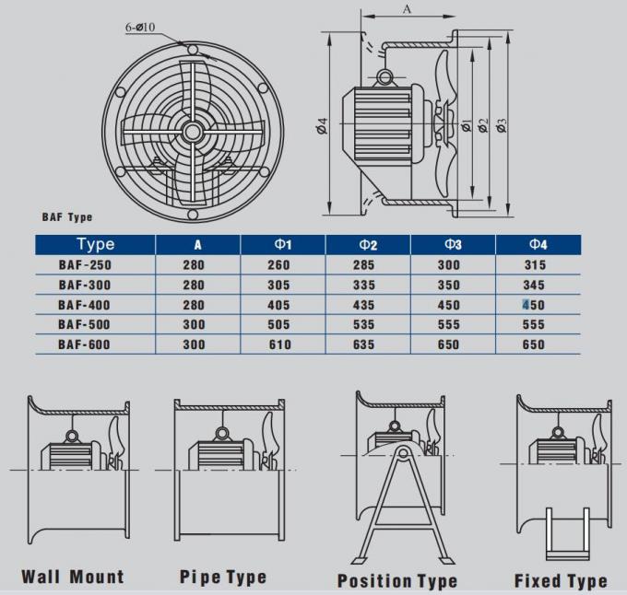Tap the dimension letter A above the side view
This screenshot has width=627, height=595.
tap(408, 9)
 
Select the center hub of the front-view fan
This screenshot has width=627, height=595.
tap(192, 132)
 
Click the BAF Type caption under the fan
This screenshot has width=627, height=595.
tap(67, 217)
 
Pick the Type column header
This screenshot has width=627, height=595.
tap(96, 244)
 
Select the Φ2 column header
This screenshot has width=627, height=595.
tap(368, 245)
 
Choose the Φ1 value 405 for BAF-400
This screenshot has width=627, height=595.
tap(278, 305)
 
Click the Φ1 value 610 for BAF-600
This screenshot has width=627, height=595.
tap(278, 344)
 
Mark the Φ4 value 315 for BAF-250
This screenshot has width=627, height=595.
tap(533, 265)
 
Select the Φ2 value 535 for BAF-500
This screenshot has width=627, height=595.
tap(367, 324)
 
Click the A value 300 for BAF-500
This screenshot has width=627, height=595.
tap(194, 324)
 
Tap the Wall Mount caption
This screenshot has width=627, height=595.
tap(73, 577)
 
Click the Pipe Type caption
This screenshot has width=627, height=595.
tap(222, 577)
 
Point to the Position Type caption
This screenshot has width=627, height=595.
tap(397, 580)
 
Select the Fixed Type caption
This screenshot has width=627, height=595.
tap(561, 580)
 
